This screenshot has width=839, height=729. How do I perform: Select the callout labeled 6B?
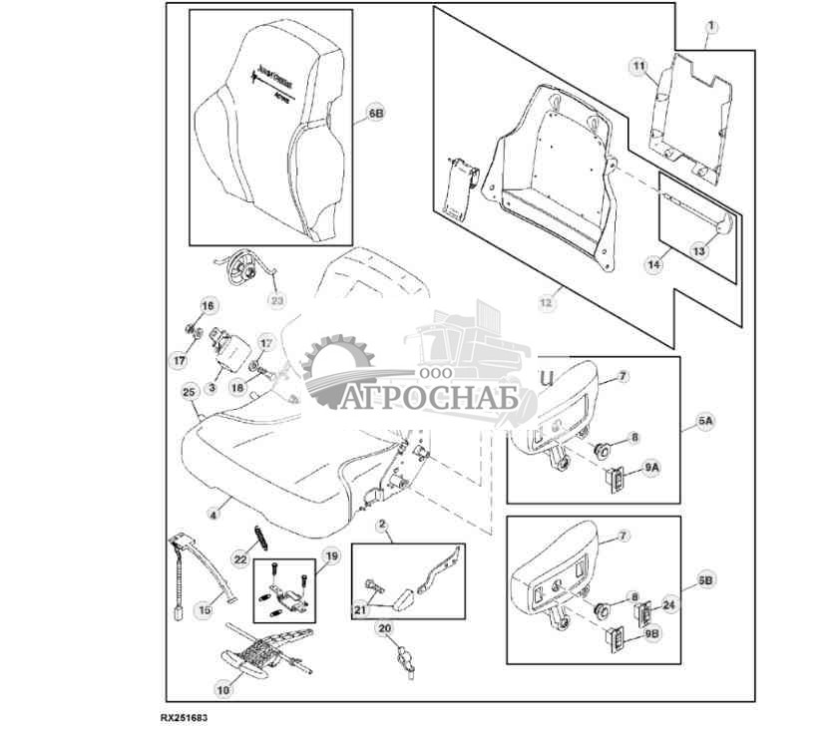coord(375,115)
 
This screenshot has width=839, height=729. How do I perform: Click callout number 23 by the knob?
coord(276,299)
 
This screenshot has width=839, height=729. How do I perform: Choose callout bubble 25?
coord(190,393)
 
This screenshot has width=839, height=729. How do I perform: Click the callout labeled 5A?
coord(704,423)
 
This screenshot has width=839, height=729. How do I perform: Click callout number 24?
coord(667,604)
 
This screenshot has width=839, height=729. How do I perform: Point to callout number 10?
coord(222,688)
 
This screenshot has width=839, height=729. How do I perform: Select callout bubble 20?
coord(384,628)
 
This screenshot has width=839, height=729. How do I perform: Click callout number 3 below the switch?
coord(212,386)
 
